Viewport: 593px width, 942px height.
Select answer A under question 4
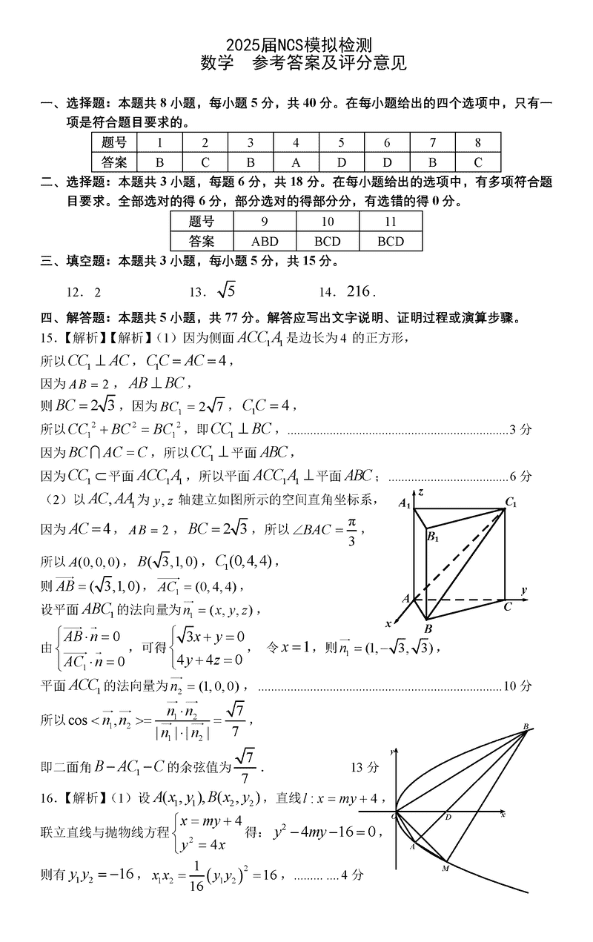pos(296,162)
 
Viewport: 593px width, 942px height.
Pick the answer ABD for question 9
pos(265,241)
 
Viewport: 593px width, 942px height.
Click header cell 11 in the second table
pos(391,222)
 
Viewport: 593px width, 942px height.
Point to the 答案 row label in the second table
pos(202,241)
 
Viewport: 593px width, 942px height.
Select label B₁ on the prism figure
pos(433,537)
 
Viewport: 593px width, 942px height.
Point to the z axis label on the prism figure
pos(420,492)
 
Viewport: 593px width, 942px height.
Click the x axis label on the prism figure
pos(388,623)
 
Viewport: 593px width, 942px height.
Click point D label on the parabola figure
pos(448,817)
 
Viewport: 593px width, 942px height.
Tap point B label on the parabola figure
pos(526,726)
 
